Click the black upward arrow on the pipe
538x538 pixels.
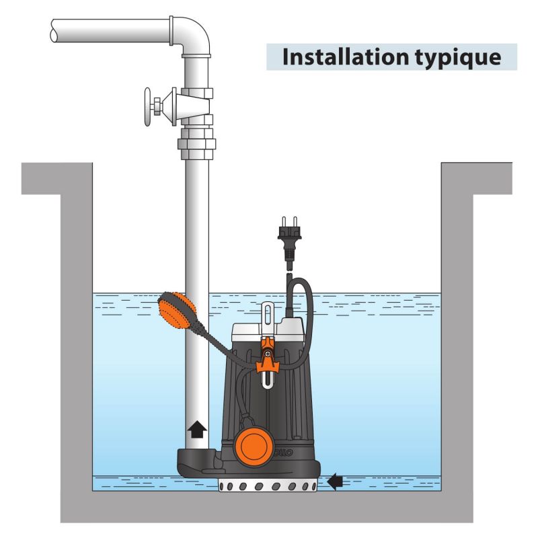point(196,428)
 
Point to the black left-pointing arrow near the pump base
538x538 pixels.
point(335,480)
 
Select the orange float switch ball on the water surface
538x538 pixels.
point(176,311)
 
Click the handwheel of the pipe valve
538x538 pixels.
point(149,106)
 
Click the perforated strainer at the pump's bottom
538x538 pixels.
point(268,486)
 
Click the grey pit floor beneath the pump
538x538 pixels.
point(269,508)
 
